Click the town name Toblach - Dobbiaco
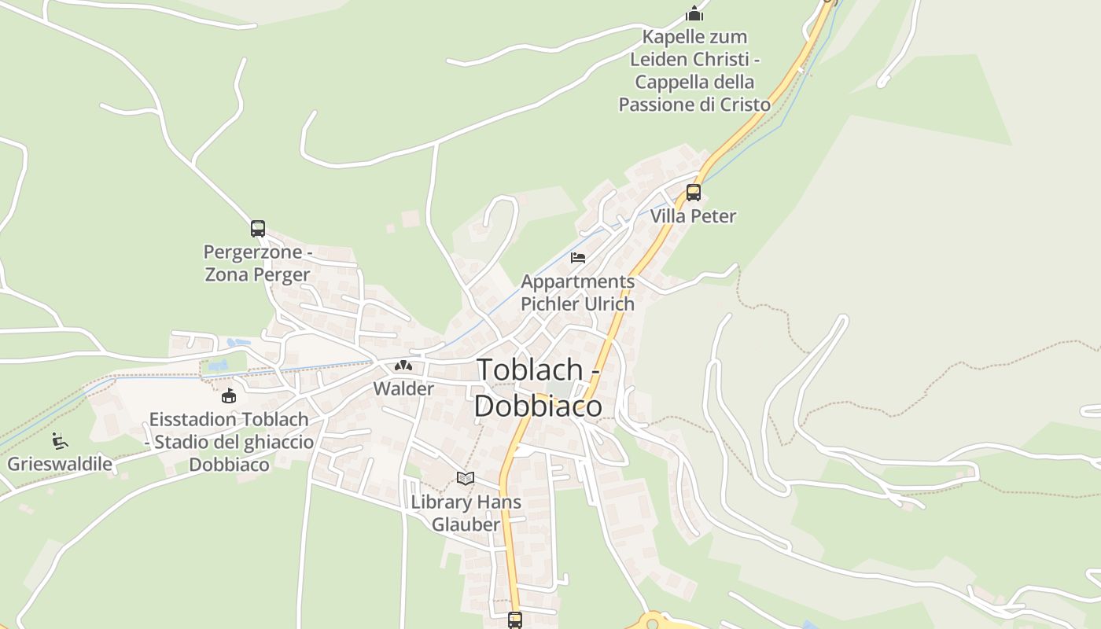(x=539, y=387)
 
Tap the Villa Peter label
(x=693, y=216)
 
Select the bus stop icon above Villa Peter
(x=693, y=192)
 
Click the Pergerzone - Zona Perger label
(x=257, y=263)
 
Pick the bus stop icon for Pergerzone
(x=258, y=229)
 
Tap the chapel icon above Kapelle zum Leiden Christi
(x=694, y=13)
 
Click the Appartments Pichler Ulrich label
(x=577, y=292)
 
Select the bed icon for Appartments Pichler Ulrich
(x=578, y=258)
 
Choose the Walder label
(x=403, y=388)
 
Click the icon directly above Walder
(x=403, y=366)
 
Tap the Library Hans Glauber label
(x=466, y=513)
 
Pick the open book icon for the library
(x=466, y=478)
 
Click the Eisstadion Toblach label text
(x=229, y=442)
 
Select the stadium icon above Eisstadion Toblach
(x=229, y=395)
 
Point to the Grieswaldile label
(x=60, y=463)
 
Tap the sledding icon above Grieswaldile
(x=60, y=440)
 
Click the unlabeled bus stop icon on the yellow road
(x=515, y=620)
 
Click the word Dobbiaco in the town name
(x=539, y=406)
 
